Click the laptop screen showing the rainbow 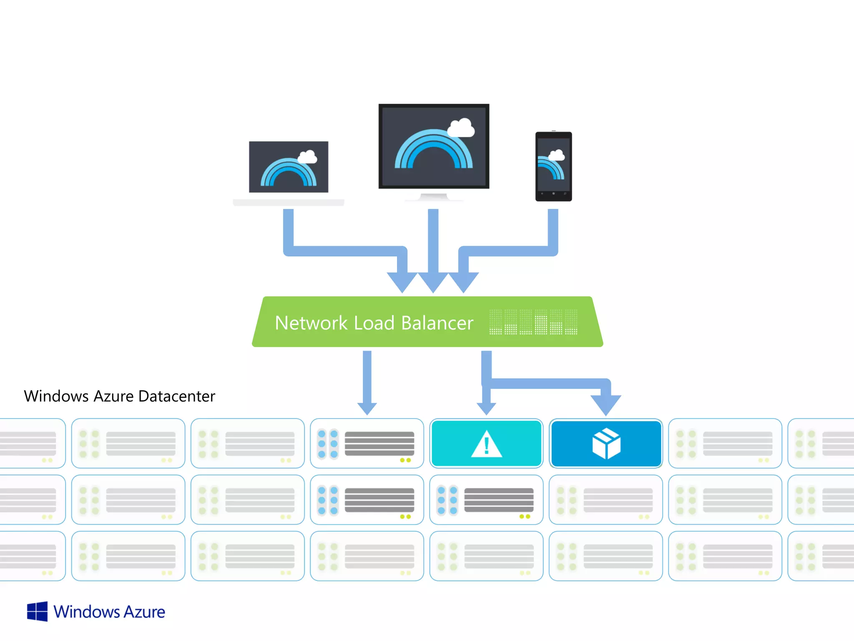click(x=289, y=167)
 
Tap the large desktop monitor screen click(x=434, y=146)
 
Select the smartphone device click(x=553, y=167)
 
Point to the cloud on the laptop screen click(x=308, y=157)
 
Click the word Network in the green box click(x=311, y=323)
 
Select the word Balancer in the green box click(x=437, y=323)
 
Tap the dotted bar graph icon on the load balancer click(x=533, y=322)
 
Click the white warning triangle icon click(x=486, y=444)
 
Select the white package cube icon click(x=606, y=444)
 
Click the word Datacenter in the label click(x=177, y=396)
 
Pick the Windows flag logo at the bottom click(x=37, y=611)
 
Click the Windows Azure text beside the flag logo click(x=109, y=612)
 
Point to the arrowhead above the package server click(x=606, y=404)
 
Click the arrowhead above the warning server click(x=486, y=408)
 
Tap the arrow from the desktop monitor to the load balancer click(x=433, y=250)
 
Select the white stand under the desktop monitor click(x=434, y=197)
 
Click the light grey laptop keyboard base click(x=289, y=202)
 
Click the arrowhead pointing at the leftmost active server click(x=367, y=408)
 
